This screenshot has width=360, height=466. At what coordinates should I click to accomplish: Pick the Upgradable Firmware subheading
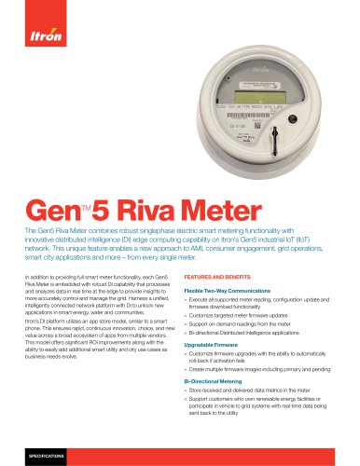217,346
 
